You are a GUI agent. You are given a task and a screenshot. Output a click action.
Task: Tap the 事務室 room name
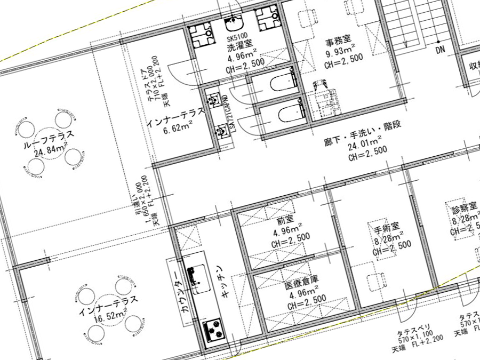click(337, 39)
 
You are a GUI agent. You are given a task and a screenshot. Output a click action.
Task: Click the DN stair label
click(440, 50)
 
